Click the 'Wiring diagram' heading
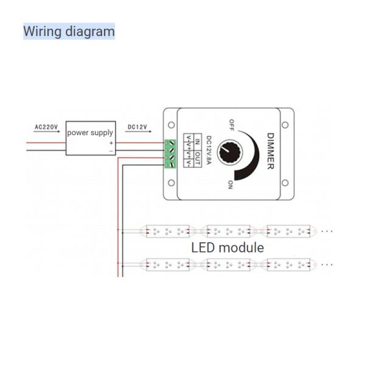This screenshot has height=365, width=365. click(69, 31)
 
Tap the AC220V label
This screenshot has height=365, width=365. click(46, 127)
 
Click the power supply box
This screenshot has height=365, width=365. click(90, 136)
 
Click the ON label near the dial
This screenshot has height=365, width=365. click(231, 184)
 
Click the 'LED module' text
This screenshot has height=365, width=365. click(228, 248)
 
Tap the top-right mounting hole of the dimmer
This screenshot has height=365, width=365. click(285, 125)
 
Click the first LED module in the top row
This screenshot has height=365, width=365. click(166, 231)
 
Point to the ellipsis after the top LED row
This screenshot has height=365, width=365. click(327, 231)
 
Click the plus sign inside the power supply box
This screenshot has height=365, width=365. click(111, 143)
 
